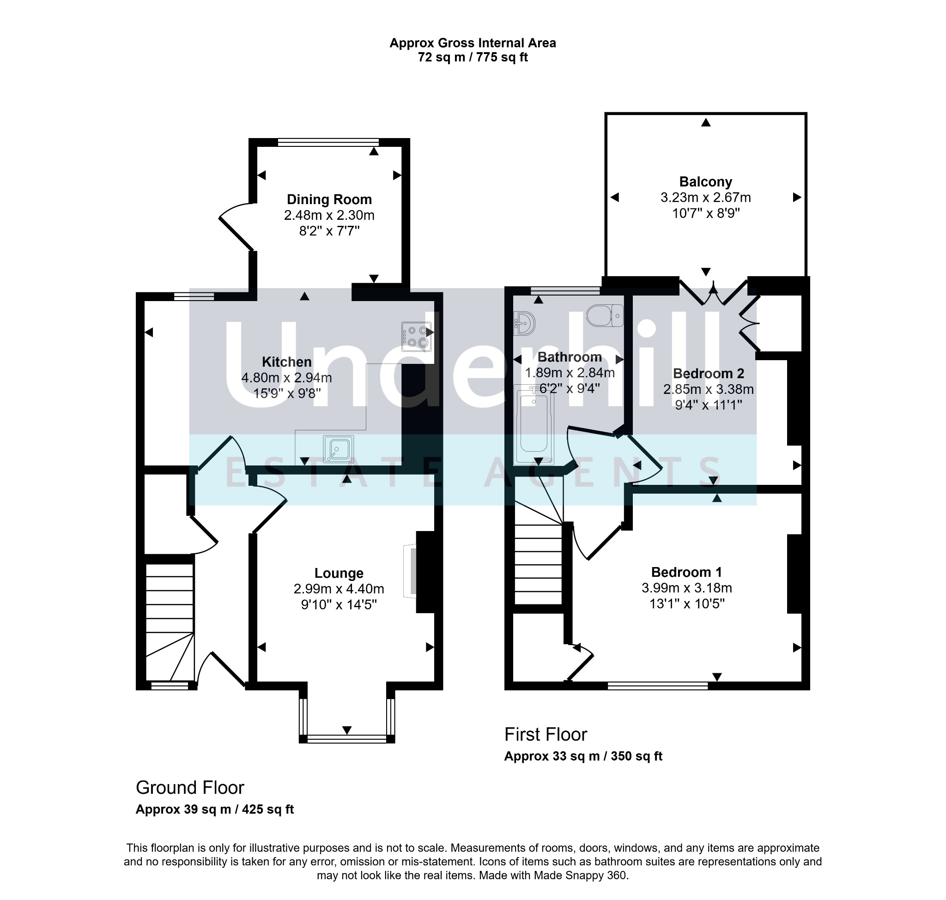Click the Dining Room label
tap(329, 199)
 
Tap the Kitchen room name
tap(286, 362)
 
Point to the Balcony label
tap(705, 182)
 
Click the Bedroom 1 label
tap(686, 572)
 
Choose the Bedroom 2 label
tap(709, 373)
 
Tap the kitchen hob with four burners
tap(416, 336)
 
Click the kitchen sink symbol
tap(339, 449)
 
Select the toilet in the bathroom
tap(605, 315)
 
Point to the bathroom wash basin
tap(525, 323)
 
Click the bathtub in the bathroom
tap(534, 424)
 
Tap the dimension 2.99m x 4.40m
tap(339, 589)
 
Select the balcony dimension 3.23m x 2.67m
tap(705, 197)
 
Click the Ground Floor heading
tap(190, 788)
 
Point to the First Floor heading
tap(546, 735)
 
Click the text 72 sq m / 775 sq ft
tap(473, 57)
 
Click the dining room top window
tap(328, 142)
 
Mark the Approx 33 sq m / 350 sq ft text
tap(583, 756)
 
